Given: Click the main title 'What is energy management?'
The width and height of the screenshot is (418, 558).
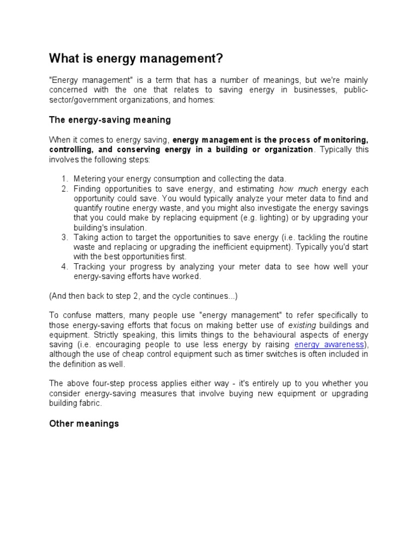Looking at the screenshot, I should click(x=136, y=58).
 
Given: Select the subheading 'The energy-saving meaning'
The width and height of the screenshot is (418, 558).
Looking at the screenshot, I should click(x=110, y=119).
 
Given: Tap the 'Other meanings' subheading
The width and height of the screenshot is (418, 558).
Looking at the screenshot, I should click(x=84, y=423).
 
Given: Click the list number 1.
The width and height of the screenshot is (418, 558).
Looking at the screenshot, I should click(x=65, y=179).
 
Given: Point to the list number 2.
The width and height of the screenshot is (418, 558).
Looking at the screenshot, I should click(x=65, y=189).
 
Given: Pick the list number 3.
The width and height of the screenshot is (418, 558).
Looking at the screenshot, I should click(x=65, y=237).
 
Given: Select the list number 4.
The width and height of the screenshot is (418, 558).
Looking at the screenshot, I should click(x=65, y=266).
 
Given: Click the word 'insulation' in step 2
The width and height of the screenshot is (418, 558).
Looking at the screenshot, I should click(x=127, y=227).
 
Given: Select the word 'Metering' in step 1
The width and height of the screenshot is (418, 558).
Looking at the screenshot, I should click(x=90, y=179).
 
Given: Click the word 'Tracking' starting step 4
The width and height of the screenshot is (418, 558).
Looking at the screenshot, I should click(x=89, y=266).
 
